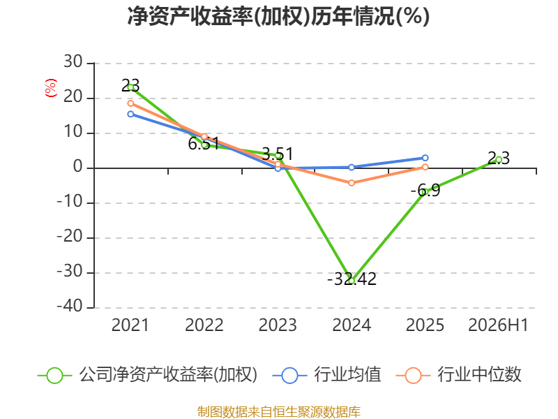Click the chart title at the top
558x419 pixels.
tap(278, 16)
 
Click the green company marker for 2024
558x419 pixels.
tap(352, 281)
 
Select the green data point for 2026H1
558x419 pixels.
tap(499, 160)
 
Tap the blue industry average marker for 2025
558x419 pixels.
tap(425, 158)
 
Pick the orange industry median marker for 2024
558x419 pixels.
tap(352, 183)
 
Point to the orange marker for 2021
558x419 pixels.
tap(130, 103)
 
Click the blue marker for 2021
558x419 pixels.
tap(130, 114)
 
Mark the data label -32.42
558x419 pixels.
tap(352, 279)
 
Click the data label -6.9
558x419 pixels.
tap(425, 190)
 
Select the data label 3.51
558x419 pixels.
tap(278, 154)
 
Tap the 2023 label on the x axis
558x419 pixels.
tap(278, 325)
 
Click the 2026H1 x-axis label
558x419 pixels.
tap(498, 325)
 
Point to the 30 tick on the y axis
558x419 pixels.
tap(73, 62)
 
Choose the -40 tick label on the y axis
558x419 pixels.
tap(70, 306)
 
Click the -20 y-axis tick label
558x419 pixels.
tap(70, 236)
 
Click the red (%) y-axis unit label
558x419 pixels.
tap(50, 88)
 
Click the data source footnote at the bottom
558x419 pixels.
tap(279, 412)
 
